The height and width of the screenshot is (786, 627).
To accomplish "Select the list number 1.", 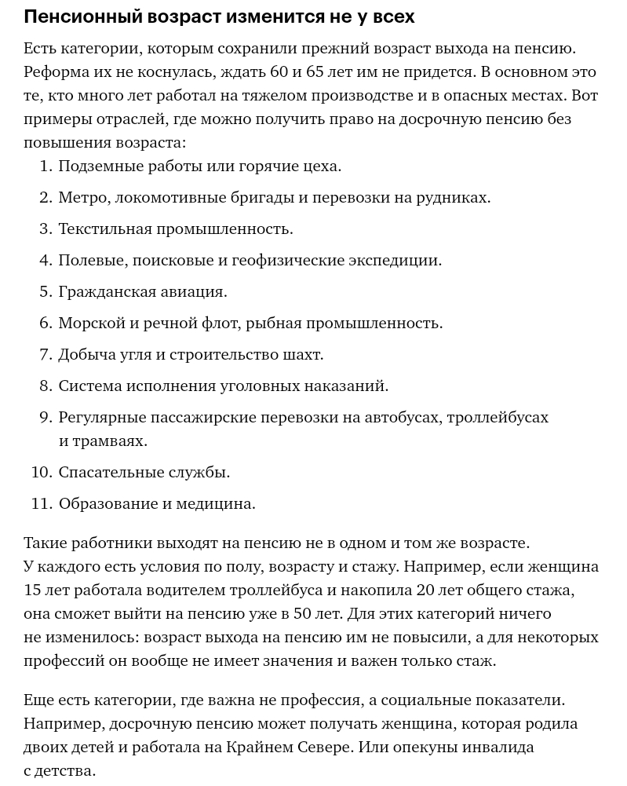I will pyautogui.click(x=46, y=166).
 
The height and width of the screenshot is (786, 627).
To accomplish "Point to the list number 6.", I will pyautogui.click(x=46, y=323).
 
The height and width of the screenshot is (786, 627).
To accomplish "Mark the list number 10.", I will pyautogui.click(x=41, y=472).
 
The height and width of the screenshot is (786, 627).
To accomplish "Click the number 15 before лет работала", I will pyautogui.click(x=32, y=590).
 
